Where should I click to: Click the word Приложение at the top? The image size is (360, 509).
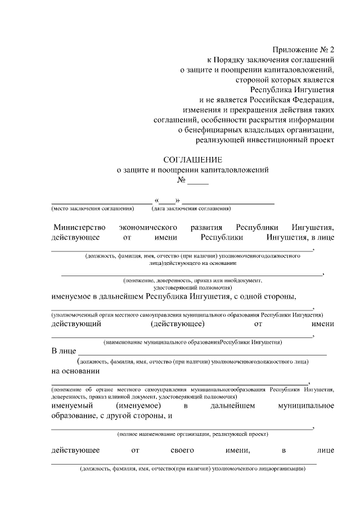(x=292, y=49)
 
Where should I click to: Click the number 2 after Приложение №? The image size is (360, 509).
(x=332, y=49)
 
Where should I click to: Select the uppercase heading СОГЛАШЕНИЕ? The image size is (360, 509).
(x=192, y=159)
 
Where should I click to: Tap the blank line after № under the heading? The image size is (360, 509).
(x=197, y=181)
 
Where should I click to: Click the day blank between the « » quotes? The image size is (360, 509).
(x=167, y=201)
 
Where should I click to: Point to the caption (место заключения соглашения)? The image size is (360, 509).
(x=93, y=209)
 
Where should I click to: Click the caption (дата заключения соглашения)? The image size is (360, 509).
(x=191, y=209)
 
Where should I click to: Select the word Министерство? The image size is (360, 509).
(x=79, y=228)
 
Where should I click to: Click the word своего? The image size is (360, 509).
(x=182, y=450)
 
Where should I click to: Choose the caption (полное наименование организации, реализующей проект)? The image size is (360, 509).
(x=193, y=434)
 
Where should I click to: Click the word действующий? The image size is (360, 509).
(x=76, y=324)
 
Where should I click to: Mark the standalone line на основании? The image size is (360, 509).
(x=75, y=371)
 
